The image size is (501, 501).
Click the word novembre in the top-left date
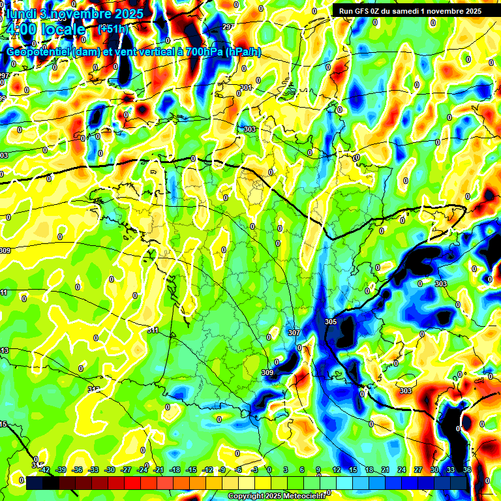coord(74,13)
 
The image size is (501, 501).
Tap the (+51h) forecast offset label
coord(112,29)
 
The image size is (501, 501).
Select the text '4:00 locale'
coord(45,30)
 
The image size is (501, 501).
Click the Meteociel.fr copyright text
coord(277,496)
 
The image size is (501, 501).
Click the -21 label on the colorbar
coord(159,470)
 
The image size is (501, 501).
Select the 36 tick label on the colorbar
coord(467,470)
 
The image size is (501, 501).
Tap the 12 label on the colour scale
coord(337,470)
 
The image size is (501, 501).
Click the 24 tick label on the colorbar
coord(402,470)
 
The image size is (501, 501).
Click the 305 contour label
coord(331,322)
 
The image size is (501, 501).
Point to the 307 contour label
coord(294,333)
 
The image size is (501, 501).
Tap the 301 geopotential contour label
coord(245,87)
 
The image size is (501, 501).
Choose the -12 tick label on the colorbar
coord(207,470)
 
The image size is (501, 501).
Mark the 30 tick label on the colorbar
coord(434,470)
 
